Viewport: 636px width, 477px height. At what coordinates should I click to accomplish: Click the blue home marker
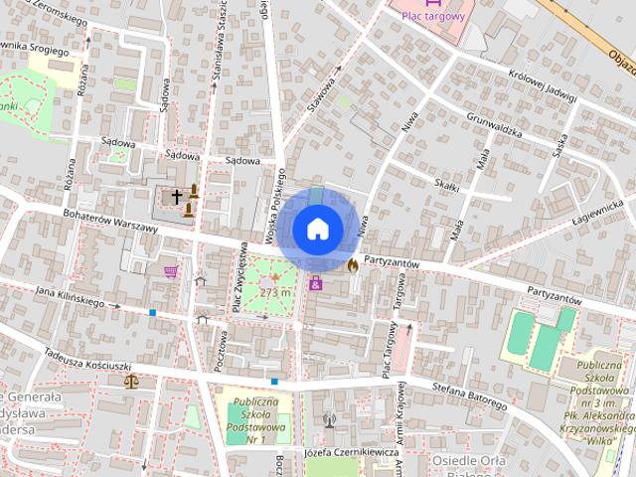(316, 229)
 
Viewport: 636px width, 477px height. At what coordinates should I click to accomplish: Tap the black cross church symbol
(177, 197)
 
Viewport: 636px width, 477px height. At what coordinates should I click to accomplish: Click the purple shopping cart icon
(171, 270)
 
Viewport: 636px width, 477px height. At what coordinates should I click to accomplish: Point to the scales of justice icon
(131, 380)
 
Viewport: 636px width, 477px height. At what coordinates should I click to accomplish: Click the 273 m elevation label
(275, 292)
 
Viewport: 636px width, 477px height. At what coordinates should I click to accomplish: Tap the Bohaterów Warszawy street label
(109, 221)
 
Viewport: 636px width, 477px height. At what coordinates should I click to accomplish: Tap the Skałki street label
(446, 185)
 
